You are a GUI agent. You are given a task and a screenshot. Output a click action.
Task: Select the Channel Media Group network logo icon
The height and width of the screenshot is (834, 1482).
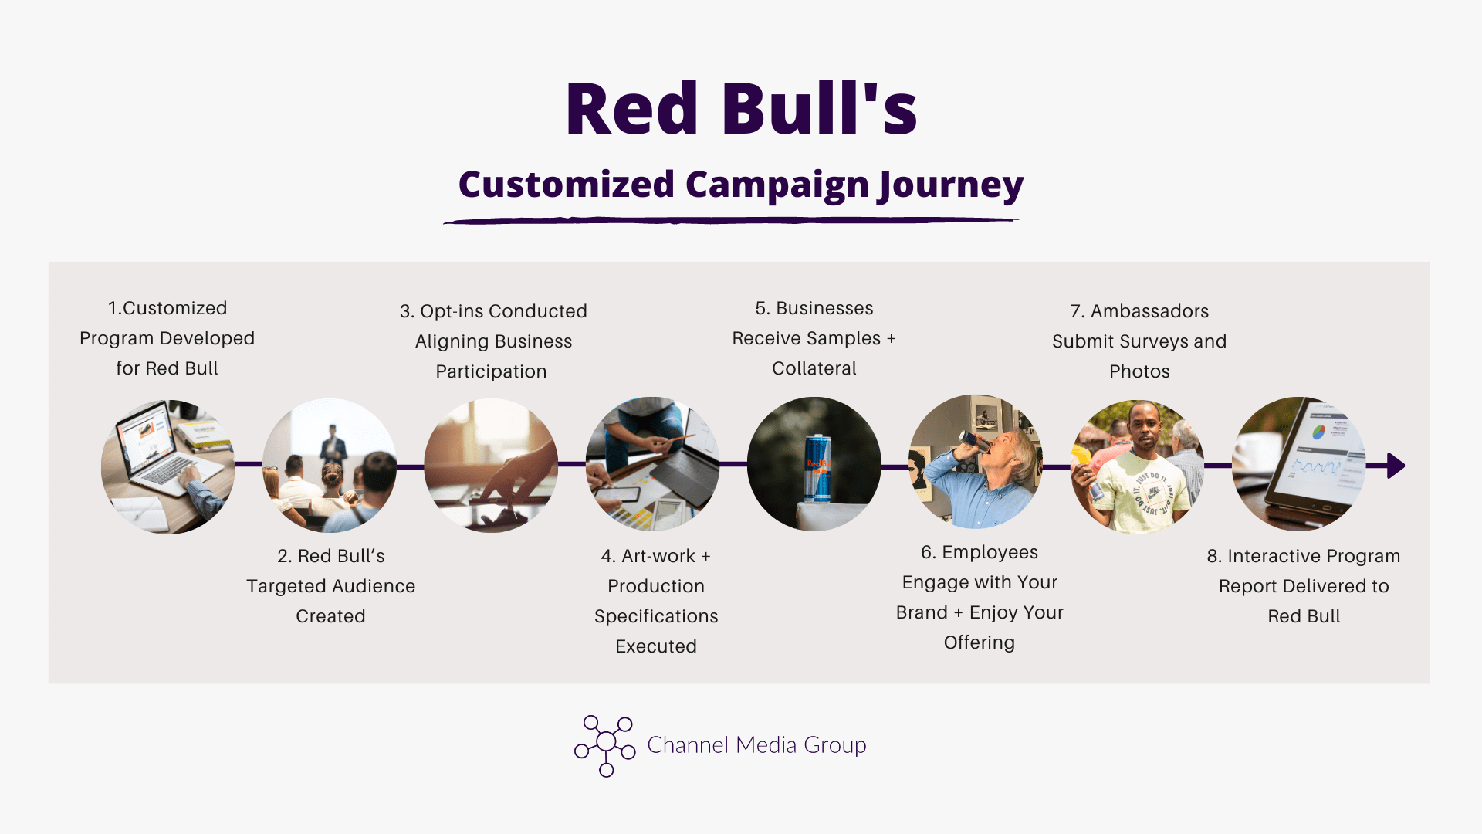pyautogui.click(x=605, y=745)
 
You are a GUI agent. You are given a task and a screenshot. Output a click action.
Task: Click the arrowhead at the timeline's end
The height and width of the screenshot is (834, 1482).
pyautogui.click(x=1396, y=466)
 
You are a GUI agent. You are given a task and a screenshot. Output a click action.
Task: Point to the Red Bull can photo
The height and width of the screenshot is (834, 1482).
pyautogui.click(x=814, y=464)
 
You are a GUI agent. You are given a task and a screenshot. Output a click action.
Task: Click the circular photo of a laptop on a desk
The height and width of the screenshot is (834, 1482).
pyautogui.click(x=168, y=466)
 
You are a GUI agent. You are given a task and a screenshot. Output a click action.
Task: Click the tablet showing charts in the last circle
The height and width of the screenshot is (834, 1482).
pyautogui.click(x=1320, y=462)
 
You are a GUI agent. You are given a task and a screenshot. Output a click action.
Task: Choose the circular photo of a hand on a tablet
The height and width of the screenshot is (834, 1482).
pyautogui.click(x=491, y=466)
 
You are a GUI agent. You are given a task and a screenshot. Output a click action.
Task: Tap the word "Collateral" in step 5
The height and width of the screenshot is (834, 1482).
pyautogui.click(x=814, y=368)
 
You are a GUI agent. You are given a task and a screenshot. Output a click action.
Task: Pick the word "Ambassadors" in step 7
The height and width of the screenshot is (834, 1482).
pyautogui.click(x=1149, y=311)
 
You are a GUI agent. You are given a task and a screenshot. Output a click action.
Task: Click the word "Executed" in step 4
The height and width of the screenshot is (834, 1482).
pyautogui.click(x=656, y=646)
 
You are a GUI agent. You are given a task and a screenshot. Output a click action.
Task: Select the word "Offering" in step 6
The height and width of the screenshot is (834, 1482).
pyautogui.click(x=980, y=642)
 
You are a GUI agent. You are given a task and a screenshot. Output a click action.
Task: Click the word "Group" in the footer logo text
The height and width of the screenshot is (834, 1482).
pyautogui.click(x=835, y=745)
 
